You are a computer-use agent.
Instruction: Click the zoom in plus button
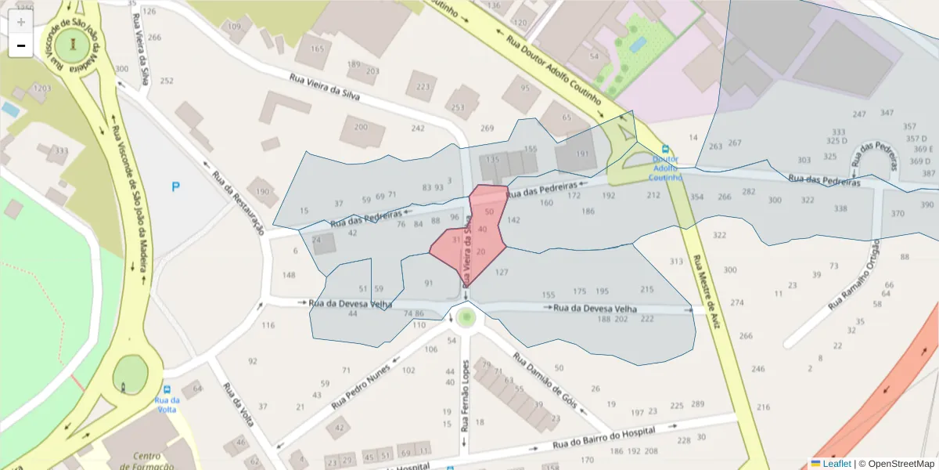(21, 22)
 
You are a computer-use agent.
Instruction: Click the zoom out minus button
(21, 45)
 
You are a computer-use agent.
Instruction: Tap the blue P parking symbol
(176, 186)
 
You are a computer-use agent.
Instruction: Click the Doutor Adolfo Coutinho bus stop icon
(665, 149)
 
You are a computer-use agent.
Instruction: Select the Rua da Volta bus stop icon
(167, 389)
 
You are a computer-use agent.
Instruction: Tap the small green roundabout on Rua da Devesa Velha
(466, 316)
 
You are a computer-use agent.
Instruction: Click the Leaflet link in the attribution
(836, 464)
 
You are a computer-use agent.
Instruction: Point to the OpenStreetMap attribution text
(896, 464)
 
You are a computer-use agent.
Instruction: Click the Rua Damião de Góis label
(545, 381)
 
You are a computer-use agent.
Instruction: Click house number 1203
(41, 89)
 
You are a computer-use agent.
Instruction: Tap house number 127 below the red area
(502, 273)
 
